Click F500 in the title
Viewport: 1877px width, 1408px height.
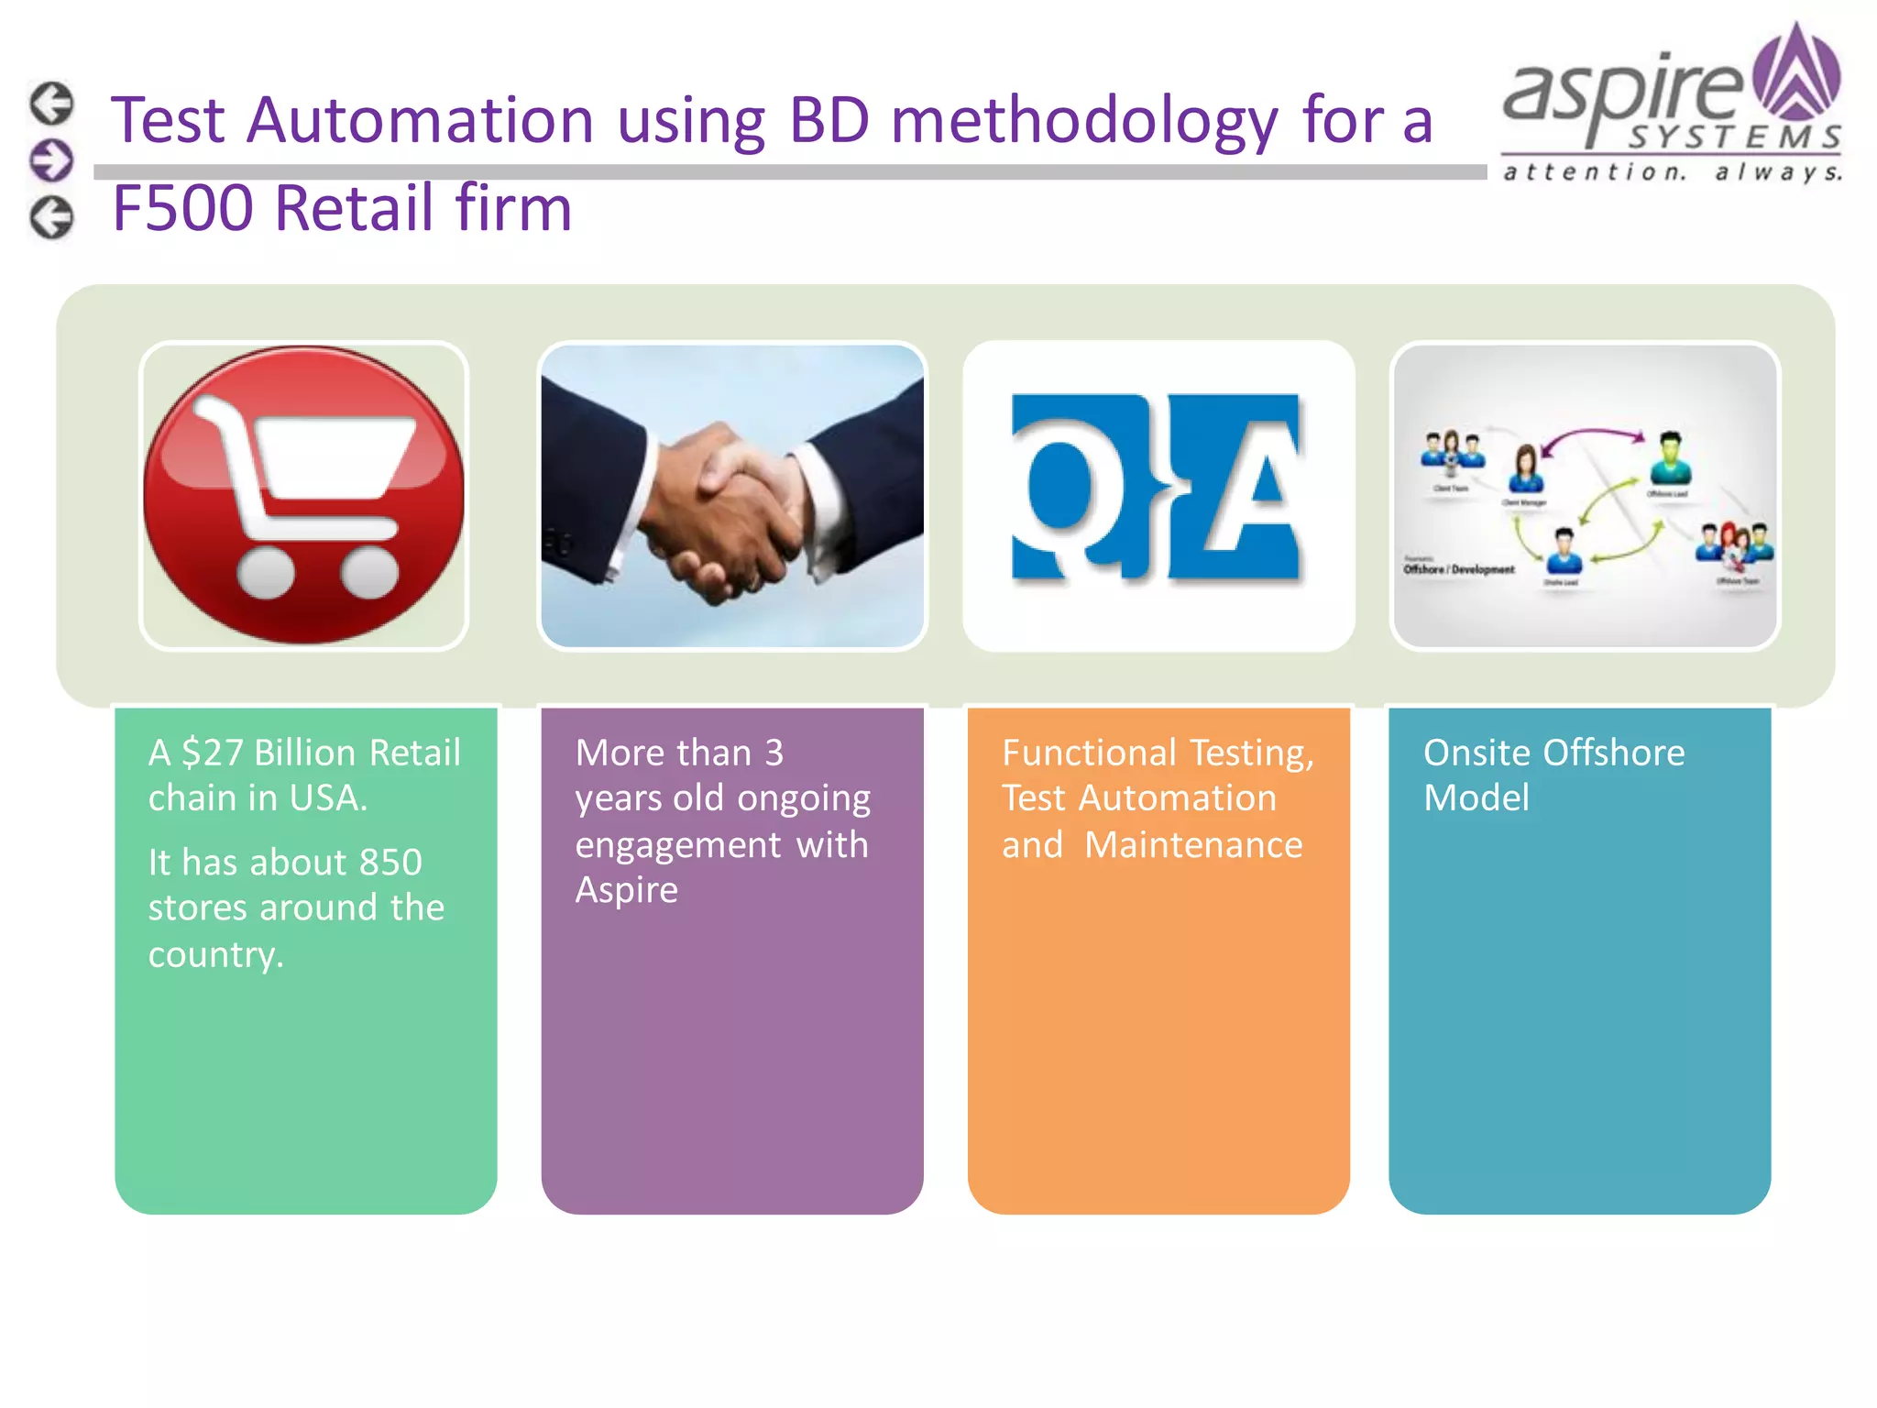coord(182,207)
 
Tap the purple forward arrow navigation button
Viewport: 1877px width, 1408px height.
coord(51,160)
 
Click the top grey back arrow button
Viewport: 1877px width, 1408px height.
coord(51,103)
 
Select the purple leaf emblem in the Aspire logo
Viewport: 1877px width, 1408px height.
coord(1795,73)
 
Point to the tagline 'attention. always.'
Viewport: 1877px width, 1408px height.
coord(1672,171)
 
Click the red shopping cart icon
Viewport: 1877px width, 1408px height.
coord(303,495)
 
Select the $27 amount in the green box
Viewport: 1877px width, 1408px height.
coord(212,753)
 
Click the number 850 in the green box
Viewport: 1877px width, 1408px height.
coord(390,863)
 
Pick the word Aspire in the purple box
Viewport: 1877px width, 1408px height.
coord(627,890)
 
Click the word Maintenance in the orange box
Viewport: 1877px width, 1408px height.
coord(1193,844)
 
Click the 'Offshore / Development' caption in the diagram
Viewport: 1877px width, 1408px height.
coord(1459,569)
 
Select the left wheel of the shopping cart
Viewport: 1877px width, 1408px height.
coord(266,572)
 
